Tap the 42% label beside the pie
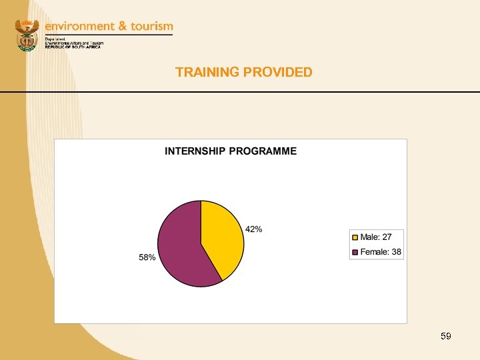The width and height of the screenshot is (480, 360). (254, 229)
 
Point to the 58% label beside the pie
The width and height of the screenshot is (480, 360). (147, 257)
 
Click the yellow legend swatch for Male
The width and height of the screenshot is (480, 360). (355, 237)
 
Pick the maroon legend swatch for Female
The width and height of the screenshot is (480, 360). (355, 252)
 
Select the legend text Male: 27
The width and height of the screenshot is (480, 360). (376, 237)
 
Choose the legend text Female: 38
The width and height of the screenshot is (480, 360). (381, 252)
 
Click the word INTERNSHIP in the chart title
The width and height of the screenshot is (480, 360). (195, 151)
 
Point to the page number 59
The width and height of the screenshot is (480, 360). (446, 337)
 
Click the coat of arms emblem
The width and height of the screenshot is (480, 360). (27, 35)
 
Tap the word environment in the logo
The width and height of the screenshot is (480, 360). (79, 26)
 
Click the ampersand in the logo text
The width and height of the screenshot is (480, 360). (123, 26)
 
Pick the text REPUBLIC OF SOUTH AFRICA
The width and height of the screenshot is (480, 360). (73, 47)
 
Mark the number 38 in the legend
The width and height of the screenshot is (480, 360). (396, 252)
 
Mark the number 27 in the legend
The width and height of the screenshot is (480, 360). (387, 237)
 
